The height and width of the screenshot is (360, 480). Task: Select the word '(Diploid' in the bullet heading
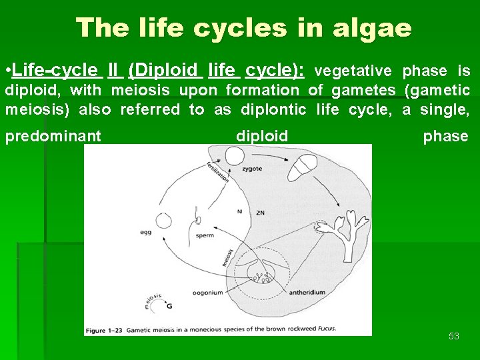coord(163,70)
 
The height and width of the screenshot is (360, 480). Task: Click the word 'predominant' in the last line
coord(53,136)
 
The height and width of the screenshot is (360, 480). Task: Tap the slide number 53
coord(454,336)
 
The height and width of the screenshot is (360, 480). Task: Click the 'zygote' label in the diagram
coord(252,169)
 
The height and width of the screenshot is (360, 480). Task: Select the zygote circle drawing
coord(234,157)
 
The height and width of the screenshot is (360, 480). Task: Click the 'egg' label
coord(146,233)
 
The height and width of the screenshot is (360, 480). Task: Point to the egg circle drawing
coord(163,221)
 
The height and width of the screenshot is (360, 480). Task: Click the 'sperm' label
coord(205,235)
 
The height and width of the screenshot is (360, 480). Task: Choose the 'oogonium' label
coord(207,291)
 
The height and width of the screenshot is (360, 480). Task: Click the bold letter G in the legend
coord(169,307)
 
